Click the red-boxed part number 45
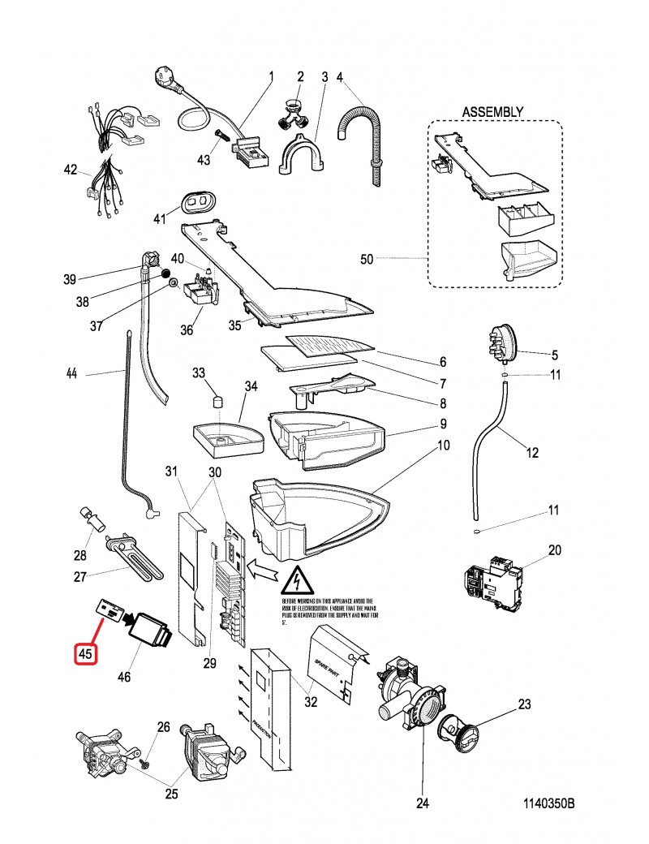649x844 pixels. coord(85,652)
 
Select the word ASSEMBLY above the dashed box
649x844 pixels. coord(492,111)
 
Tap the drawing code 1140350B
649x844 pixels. coord(548,803)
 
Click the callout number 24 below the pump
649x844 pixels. coord(421,804)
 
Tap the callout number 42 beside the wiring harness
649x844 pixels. coord(71,170)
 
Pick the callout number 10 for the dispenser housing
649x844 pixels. coord(443,446)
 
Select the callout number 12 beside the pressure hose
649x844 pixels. coord(532,453)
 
